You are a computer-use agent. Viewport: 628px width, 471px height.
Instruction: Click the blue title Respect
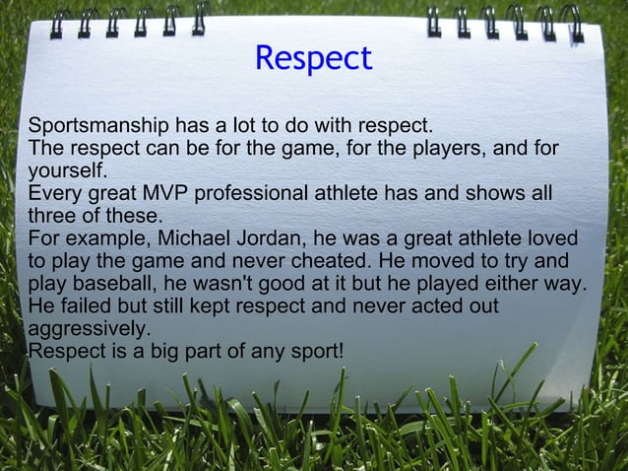(x=313, y=59)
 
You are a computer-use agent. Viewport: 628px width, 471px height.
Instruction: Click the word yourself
(x=63, y=171)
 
